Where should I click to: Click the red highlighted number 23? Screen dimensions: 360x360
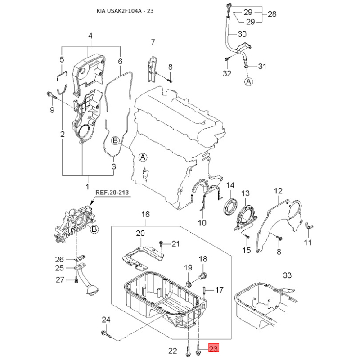tap(213, 349)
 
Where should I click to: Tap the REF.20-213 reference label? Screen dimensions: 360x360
tap(112, 193)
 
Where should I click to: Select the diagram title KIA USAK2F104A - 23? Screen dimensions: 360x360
tap(125, 11)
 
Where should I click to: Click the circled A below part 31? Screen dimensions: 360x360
tap(249, 81)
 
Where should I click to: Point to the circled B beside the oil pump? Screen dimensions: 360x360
tap(94, 229)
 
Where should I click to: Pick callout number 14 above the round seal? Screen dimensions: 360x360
tap(230, 185)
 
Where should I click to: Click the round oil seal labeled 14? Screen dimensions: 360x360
tap(231, 207)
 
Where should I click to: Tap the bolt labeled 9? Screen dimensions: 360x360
tap(52, 96)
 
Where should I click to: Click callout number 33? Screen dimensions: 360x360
tap(287, 275)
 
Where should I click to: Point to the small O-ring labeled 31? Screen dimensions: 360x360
tap(246, 67)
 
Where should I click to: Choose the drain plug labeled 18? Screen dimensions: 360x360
tap(203, 275)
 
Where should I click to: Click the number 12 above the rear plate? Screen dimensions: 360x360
tap(278, 191)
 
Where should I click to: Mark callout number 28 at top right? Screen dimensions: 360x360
tap(272, 14)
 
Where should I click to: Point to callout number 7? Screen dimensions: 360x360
tap(153, 42)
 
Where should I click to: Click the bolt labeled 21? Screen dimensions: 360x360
tap(161, 244)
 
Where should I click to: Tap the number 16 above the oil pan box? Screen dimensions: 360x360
tap(145, 215)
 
